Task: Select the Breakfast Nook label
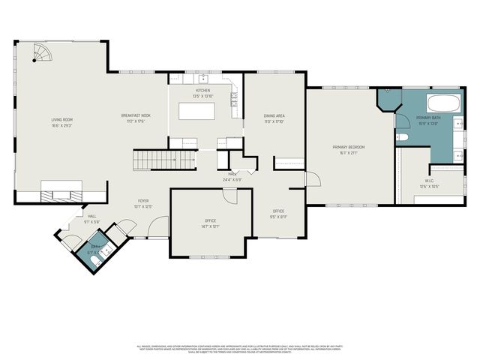pos(136,116)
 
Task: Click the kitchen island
pos(196,111)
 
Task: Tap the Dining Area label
pos(274,116)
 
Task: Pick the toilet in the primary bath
pos(401,138)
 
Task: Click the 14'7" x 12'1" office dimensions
pos(210,226)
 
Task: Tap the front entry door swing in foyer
pos(158,225)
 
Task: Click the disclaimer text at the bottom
pos(240,348)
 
